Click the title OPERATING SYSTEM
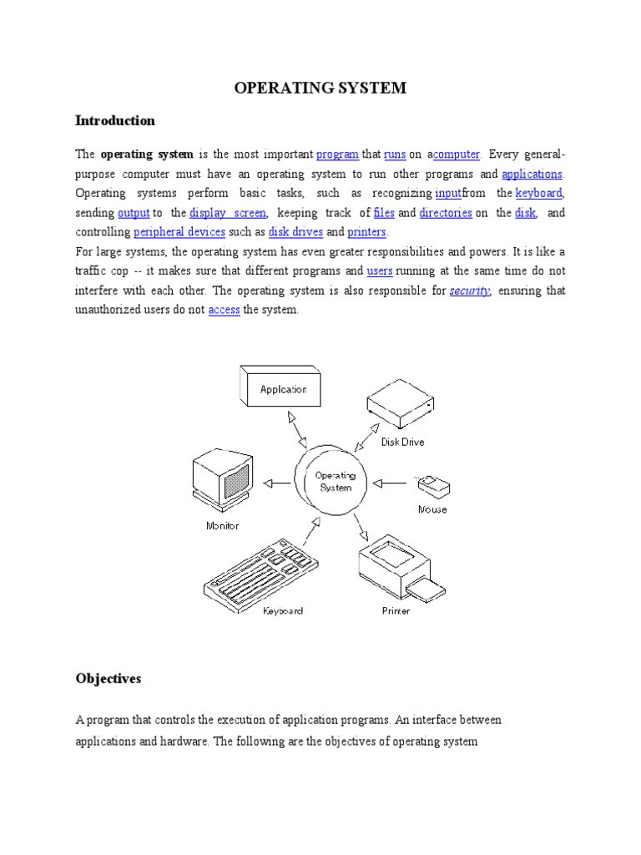pos(320,88)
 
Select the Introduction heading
pos(114,121)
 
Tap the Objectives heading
pos(108,679)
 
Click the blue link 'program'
pos(337,154)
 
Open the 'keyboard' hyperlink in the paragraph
pos(538,194)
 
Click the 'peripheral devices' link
pos(179,232)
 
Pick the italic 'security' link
pos(470,291)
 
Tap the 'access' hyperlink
pos(224,310)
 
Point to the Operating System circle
pos(335,482)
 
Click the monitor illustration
pos(223,481)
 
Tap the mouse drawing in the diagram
pos(432,484)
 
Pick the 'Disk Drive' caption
pos(402,443)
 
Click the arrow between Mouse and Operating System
pos(391,482)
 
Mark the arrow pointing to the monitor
pos(278,482)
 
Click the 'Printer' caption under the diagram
pos(396,611)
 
